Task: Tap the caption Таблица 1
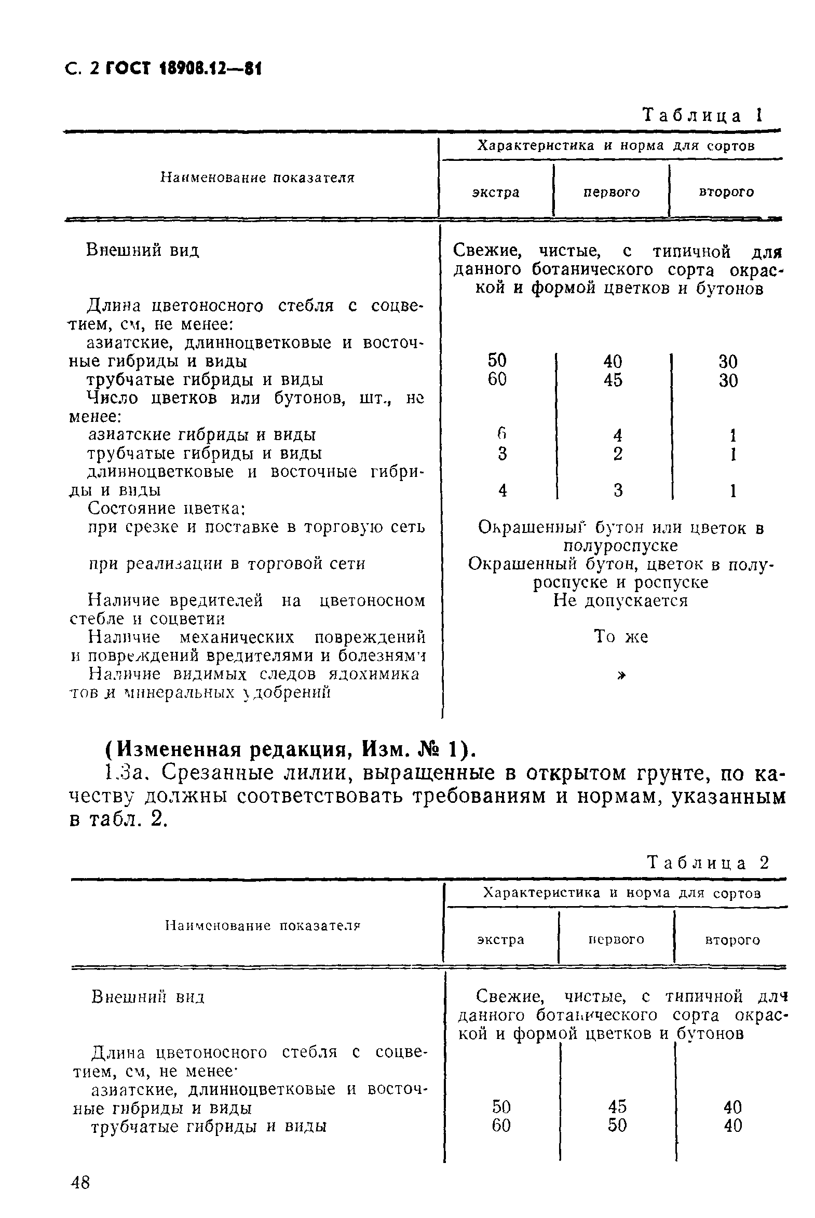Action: (702, 115)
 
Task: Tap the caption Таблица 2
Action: (708, 863)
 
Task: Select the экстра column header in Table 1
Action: (495, 193)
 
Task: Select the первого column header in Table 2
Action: (616, 939)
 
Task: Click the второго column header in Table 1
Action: (726, 192)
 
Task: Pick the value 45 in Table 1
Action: (613, 380)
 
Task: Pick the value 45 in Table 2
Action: (617, 1106)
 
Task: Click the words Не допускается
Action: (620, 601)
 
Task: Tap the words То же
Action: (621, 637)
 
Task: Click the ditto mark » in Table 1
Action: (621, 675)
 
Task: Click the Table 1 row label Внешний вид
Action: (142, 251)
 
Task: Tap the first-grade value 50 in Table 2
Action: (617, 1126)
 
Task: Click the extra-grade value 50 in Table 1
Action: (497, 361)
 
